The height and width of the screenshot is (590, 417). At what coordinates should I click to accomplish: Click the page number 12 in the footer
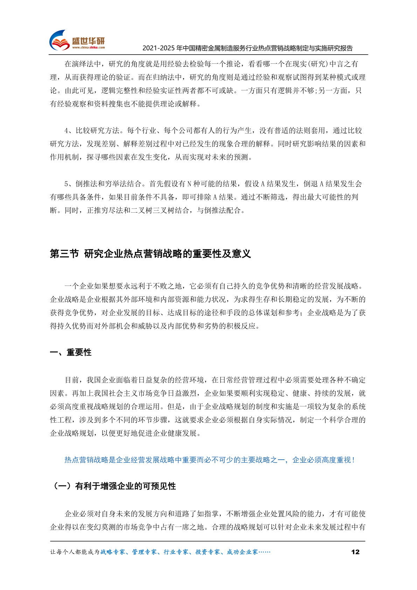tap(355, 552)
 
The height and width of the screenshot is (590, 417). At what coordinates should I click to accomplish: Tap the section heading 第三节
tap(64, 254)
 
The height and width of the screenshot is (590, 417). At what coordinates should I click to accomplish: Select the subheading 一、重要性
tap(71, 352)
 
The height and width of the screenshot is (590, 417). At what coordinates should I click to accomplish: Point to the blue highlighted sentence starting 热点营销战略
tap(209, 460)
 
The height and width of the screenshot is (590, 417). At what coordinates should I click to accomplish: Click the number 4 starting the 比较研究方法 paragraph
tap(66, 131)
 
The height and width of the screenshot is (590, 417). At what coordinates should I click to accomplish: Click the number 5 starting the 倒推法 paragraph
tap(66, 184)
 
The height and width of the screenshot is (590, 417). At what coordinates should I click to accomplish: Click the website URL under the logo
tap(88, 48)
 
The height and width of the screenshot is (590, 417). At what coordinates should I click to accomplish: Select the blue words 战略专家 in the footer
tap(113, 552)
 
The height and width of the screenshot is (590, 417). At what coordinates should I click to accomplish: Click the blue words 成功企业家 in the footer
tap(242, 552)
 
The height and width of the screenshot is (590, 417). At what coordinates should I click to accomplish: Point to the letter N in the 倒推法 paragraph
tap(189, 184)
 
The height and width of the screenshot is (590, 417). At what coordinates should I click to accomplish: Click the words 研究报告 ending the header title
tap(341, 48)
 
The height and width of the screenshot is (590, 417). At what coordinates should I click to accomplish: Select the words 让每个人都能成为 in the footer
tap(75, 552)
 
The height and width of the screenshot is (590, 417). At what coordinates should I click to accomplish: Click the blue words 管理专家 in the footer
tap(144, 552)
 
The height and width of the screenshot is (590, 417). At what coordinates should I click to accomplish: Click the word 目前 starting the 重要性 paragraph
tap(72, 380)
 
